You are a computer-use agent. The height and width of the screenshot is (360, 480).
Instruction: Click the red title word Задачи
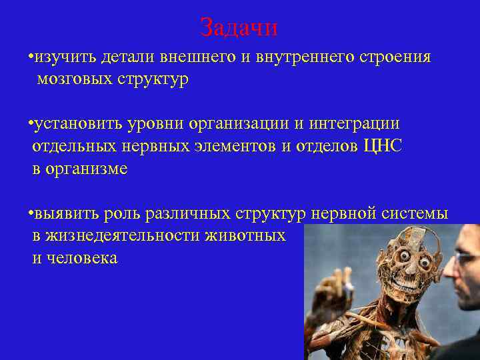coord(239,27)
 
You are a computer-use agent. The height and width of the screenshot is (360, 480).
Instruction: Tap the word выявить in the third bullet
coord(66,213)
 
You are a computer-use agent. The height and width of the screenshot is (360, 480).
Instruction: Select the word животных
coord(247,236)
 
